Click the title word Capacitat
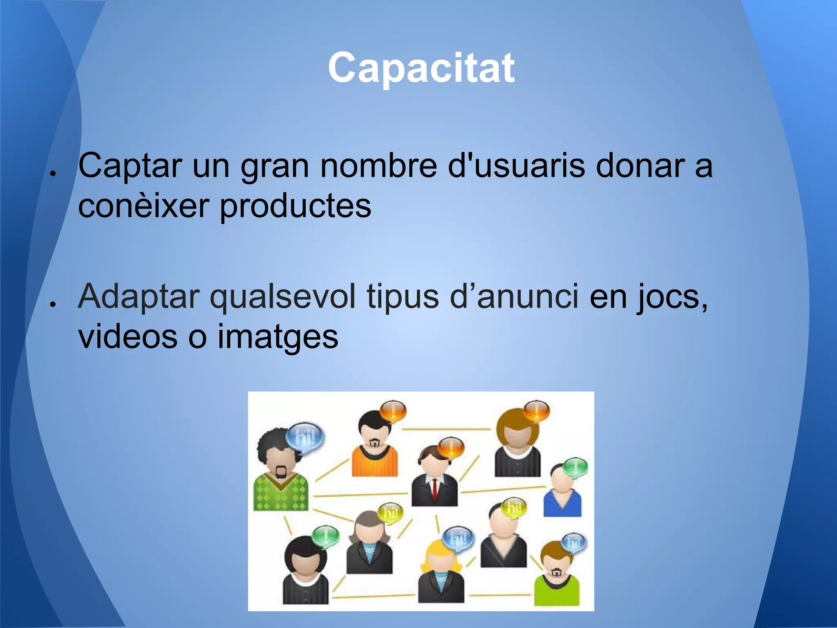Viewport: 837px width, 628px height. pos(421,68)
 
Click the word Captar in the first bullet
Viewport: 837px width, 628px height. pos(130,166)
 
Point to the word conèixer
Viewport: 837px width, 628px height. pos(143,206)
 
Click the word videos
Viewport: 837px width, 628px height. pos(128,336)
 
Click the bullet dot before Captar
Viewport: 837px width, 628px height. pos(52,173)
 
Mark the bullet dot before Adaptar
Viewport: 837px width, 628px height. pos(52,304)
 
